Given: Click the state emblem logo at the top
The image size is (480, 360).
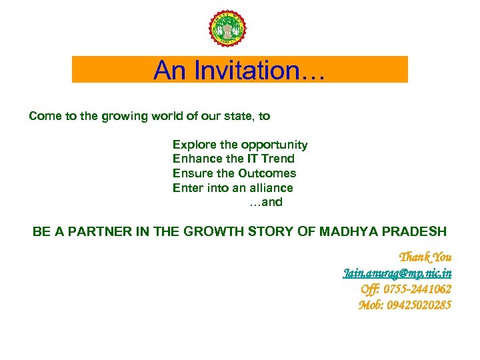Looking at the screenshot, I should coord(227,30).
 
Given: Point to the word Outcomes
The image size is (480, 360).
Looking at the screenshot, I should coord(271,173).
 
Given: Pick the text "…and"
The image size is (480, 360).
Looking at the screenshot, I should coord(266,202).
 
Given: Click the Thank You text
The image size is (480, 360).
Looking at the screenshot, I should coord(425,257).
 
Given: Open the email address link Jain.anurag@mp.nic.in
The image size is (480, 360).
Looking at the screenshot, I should coord(397,273).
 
